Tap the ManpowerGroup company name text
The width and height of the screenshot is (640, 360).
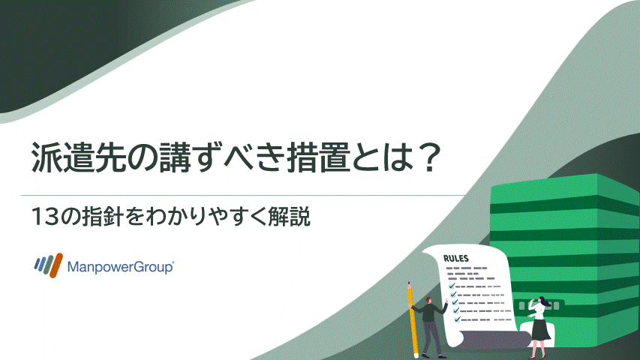pyautogui.click(x=121, y=266)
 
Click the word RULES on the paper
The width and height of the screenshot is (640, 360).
pyautogui.click(x=457, y=259)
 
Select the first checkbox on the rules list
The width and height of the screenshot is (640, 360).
pyautogui.click(x=452, y=286)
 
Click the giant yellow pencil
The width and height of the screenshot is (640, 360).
pyautogui.click(x=413, y=319)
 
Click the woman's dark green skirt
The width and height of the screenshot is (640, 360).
pyautogui.click(x=539, y=328)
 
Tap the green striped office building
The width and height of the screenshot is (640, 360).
pyautogui.click(x=570, y=240)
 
